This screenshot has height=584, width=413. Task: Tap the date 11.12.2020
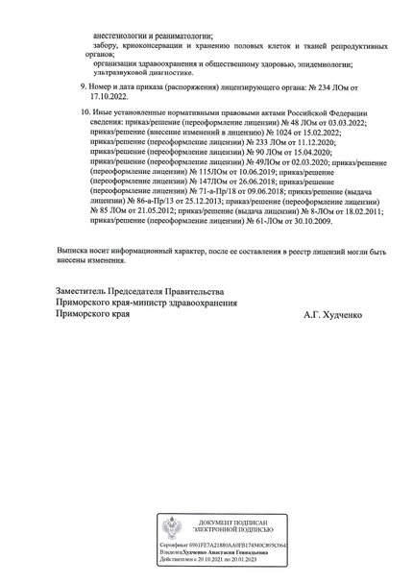[x=328, y=145]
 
